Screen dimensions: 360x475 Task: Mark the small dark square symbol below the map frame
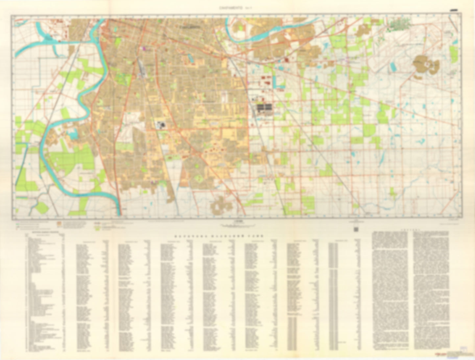(356, 229)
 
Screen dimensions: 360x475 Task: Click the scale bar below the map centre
(237, 225)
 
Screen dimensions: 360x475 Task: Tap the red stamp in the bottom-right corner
(440, 354)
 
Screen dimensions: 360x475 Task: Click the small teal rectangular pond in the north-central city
(190, 60)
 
